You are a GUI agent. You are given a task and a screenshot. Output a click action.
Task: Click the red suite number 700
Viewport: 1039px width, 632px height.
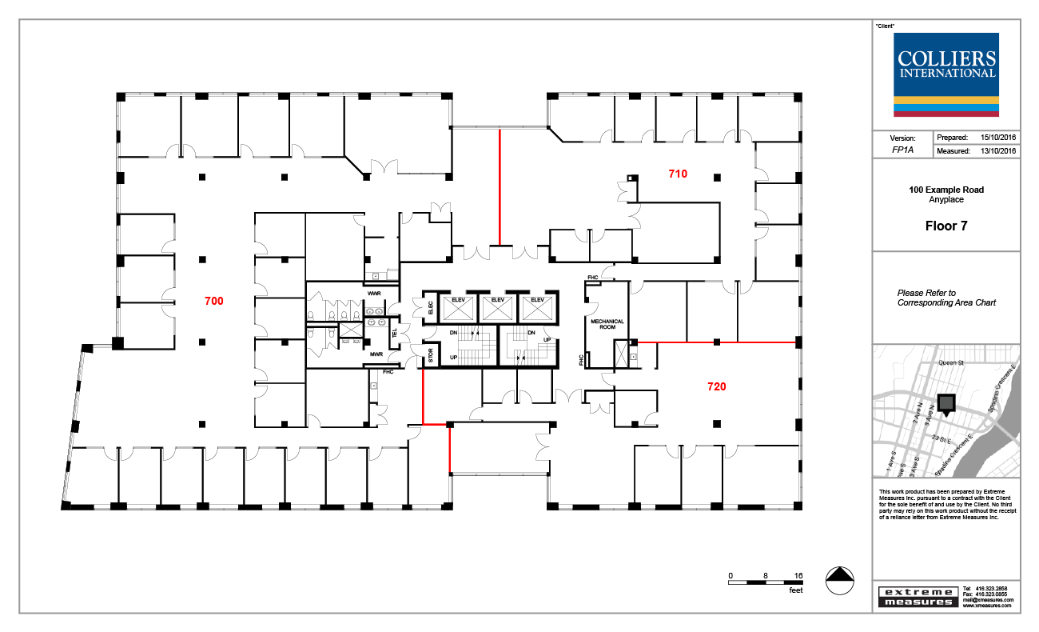point(213,302)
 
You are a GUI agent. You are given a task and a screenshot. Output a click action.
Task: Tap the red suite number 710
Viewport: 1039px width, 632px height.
point(678,173)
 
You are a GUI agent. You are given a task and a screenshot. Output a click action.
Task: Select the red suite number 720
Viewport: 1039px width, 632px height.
point(717,386)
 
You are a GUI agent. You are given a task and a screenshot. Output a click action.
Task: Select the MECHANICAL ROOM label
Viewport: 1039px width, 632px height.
point(607,325)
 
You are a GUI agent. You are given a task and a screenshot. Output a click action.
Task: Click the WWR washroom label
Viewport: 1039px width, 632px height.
point(374,294)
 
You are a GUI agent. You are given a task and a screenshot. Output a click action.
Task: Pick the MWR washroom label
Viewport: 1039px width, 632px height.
point(375,354)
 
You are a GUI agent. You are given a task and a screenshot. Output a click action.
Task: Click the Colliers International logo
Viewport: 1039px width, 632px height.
point(947,74)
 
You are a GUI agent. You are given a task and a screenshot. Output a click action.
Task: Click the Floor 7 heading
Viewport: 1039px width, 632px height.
point(946,226)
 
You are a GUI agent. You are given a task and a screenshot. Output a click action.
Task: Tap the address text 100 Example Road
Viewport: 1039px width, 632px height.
point(946,190)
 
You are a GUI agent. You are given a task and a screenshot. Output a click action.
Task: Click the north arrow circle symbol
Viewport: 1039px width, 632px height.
point(838,580)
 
